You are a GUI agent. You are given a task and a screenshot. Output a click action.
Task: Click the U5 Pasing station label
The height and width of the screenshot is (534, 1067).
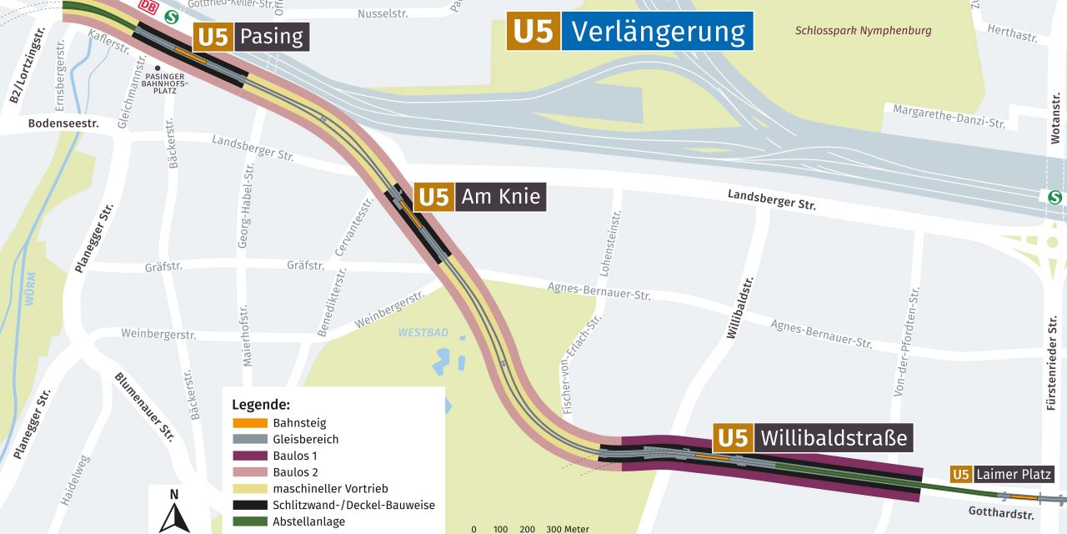(x=251, y=37)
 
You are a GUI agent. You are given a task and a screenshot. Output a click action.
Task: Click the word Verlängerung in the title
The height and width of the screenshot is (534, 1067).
(x=658, y=31)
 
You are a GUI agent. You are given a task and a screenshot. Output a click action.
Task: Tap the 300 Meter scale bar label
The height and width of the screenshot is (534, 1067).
(x=568, y=529)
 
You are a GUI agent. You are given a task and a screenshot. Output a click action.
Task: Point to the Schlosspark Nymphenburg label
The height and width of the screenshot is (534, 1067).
(x=863, y=31)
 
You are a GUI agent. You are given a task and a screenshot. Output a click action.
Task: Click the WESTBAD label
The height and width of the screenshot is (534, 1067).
(x=423, y=332)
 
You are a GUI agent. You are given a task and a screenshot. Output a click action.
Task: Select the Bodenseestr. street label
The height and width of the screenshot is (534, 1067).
(x=63, y=123)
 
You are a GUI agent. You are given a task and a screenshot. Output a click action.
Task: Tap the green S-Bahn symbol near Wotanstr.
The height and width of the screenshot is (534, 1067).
(x=1054, y=197)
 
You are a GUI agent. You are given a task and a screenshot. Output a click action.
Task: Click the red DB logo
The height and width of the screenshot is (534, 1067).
(x=148, y=7)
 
